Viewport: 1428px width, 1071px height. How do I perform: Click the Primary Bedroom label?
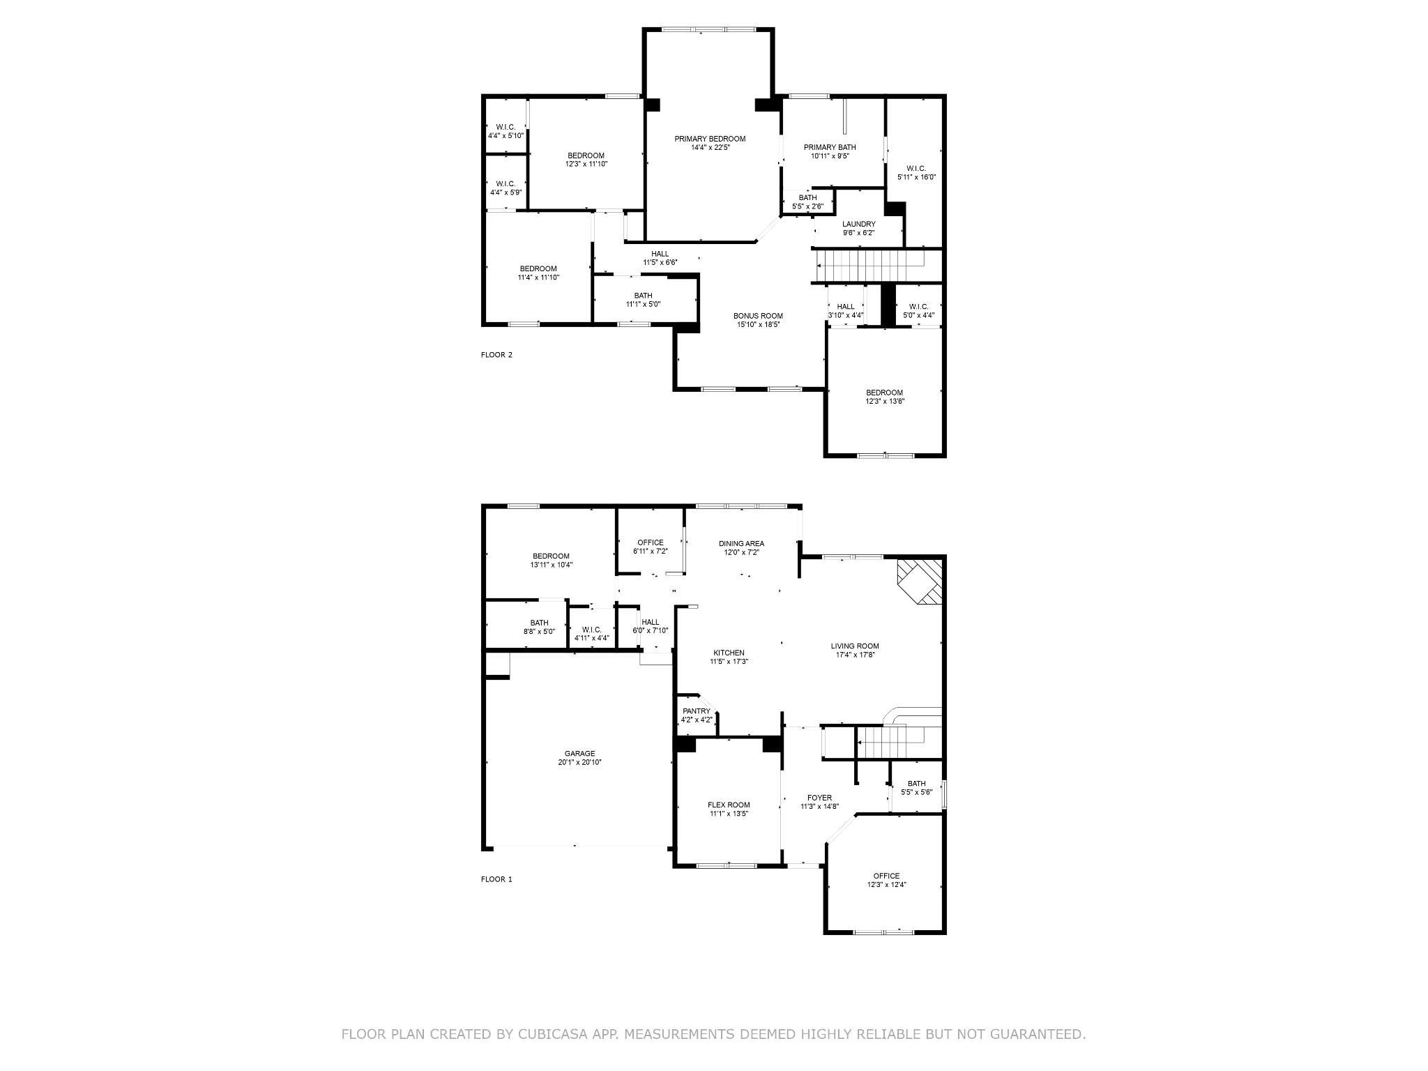pos(710,139)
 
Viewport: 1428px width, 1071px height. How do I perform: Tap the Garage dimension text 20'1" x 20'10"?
pos(579,762)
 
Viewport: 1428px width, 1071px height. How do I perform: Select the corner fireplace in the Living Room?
pos(920,582)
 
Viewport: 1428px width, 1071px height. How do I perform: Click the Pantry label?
pos(697,711)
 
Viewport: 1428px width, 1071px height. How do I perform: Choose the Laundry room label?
pos(858,224)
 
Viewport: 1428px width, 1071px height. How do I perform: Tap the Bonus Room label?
pos(758,316)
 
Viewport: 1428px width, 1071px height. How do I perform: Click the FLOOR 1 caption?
pos(496,879)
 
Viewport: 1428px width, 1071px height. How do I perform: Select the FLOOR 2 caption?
pos(496,355)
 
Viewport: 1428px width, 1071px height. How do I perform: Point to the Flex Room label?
pos(729,805)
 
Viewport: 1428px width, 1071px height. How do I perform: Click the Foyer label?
pos(819,798)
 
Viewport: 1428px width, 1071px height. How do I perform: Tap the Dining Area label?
pos(741,543)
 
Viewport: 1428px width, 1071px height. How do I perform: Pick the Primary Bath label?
pos(830,147)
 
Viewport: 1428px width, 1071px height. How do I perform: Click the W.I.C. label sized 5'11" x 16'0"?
pos(916,168)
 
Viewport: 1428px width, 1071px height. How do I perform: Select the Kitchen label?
pos(729,653)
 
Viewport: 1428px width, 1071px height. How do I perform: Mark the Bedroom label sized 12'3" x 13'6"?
pos(885,393)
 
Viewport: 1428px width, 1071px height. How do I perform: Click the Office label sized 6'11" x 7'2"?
pos(651,542)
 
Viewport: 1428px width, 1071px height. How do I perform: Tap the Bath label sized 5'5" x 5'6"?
pos(916,784)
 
